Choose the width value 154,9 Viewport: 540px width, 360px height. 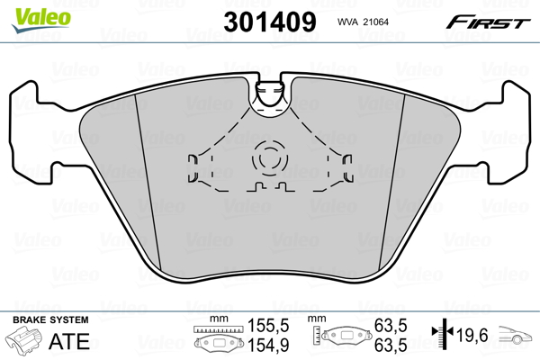tap(267, 345)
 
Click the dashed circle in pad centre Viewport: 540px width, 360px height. tap(269, 158)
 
